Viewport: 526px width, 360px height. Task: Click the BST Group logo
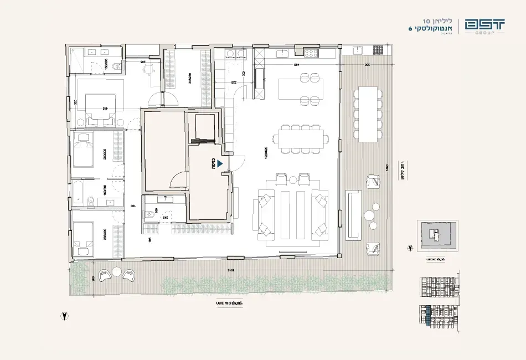click(484, 26)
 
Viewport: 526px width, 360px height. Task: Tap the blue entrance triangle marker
click(220, 164)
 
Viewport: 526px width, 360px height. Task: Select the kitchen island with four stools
click(301, 87)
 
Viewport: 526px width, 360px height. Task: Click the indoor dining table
click(301, 138)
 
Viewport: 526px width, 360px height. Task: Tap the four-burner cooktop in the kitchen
click(310, 53)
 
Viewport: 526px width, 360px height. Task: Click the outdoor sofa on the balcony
click(354, 215)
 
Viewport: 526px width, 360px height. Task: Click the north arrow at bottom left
click(66, 316)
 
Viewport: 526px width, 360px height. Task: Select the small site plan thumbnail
click(437, 237)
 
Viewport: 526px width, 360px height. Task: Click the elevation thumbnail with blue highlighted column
click(437, 318)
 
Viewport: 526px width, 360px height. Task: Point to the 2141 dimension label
click(230, 270)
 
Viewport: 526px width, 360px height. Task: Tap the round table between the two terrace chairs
click(116, 271)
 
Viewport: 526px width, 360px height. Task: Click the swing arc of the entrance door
click(237, 164)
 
